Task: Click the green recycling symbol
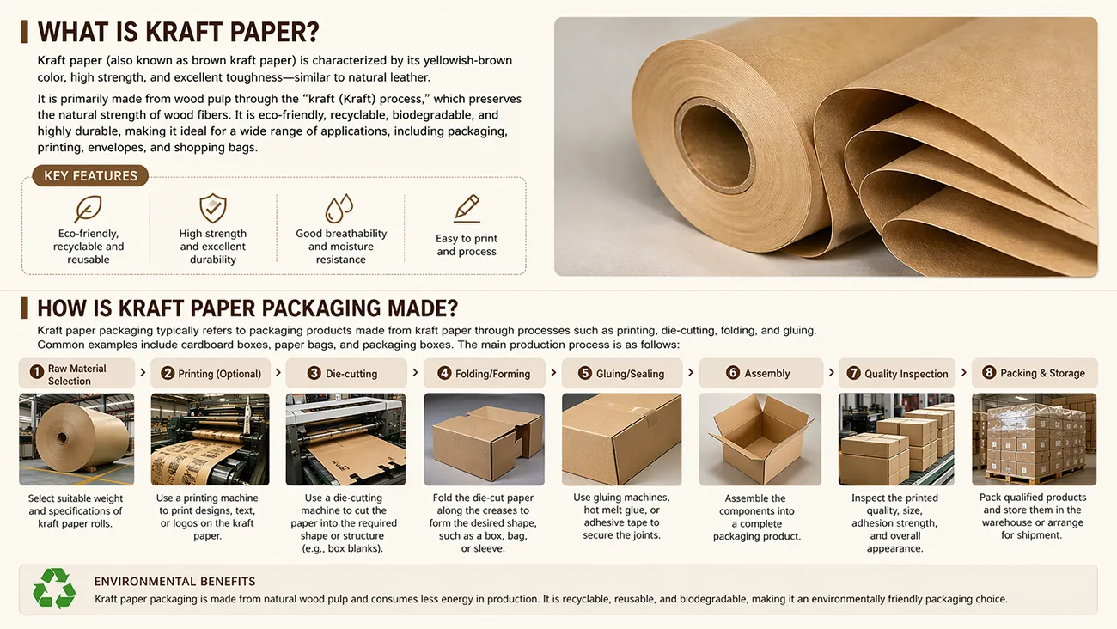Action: (x=53, y=589)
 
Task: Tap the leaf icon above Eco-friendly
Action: (x=89, y=209)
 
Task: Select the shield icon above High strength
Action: (x=213, y=208)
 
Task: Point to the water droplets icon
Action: (x=339, y=209)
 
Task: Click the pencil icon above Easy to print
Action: (x=467, y=208)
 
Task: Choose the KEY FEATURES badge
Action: (x=90, y=176)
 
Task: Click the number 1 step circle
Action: (x=36, y=372)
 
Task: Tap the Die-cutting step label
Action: (x=351, y=374)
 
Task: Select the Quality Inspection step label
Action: (x=906, y=374)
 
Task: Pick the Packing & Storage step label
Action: (x=1042, y=373)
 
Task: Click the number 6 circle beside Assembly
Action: (x=733, y=373)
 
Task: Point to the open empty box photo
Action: (x=760, y=439)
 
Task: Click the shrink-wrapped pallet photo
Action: (x=1034, y=439)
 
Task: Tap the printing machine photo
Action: (x=210, y=439)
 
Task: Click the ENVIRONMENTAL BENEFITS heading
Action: (x=174, y=582)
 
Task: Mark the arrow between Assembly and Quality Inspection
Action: (x=831, y=373)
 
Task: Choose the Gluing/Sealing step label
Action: (x=630, y=374)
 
